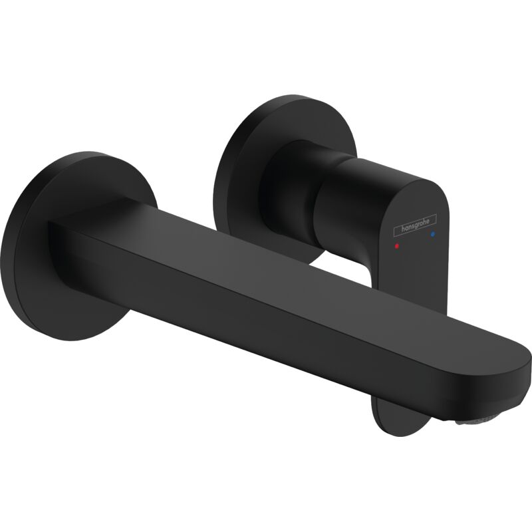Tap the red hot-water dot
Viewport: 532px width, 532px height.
(397, 245)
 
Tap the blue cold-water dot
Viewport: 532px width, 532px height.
(434, 235)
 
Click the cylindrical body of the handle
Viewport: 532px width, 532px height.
(332, 199)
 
